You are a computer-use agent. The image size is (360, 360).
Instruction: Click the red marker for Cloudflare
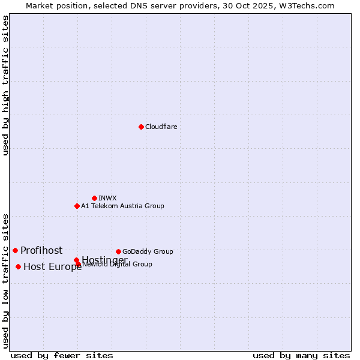(x=141, y=127)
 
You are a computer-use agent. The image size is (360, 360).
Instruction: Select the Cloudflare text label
(x=161, y=127)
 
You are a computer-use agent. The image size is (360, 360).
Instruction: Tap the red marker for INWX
(x=94, y=198)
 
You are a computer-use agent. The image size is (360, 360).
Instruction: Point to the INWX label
(x=107, y=198)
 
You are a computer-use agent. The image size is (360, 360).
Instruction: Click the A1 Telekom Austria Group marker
(x=77, y=206)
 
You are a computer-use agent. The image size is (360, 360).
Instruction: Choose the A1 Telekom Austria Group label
(x=122, y=206)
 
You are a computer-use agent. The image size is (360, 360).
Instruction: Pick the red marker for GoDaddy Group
(x=118, y=251)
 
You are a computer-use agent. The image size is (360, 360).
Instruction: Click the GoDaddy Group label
(x=148, y=251)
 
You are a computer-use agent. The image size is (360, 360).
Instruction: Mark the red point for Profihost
(x=15, y=250)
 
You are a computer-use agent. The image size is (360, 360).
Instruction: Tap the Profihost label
(x=41, y=250)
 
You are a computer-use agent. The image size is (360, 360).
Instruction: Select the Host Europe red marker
(x=19, y=266)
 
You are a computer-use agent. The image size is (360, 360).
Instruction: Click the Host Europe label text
(x=52, y=267)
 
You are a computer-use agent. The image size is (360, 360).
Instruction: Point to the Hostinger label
(x=104, y=260)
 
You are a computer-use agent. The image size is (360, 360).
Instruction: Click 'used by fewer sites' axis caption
(x=62, y=355)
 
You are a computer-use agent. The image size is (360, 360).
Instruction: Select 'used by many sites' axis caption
(x=301, y=355)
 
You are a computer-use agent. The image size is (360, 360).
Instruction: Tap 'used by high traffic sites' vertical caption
(x=6, y=85)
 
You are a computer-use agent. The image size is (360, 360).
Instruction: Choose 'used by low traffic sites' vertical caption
(x=6, y=280)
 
